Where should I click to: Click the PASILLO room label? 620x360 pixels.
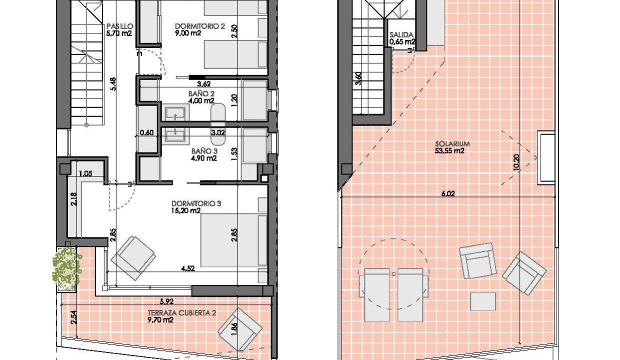120,26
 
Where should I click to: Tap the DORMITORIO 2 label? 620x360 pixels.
200,26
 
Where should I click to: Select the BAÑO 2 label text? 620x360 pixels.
201,94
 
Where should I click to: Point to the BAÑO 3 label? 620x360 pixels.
204,151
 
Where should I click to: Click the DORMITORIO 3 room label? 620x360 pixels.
196,203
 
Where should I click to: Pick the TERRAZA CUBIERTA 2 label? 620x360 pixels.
182,313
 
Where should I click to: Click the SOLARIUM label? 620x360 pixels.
452,144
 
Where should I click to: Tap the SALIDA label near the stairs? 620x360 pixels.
401,35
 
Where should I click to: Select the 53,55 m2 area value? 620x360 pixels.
449,151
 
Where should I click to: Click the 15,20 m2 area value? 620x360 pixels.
186,211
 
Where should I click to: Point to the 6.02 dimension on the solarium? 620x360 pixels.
448,193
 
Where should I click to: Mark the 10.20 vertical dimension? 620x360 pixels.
516,162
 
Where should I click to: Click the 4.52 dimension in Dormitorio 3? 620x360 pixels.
188,268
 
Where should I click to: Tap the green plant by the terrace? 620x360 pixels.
67,269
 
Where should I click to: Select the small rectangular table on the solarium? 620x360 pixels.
483,301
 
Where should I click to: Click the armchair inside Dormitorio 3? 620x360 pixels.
133,258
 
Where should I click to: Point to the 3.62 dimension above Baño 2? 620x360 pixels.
203,83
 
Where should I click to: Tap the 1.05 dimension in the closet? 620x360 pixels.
85,174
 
